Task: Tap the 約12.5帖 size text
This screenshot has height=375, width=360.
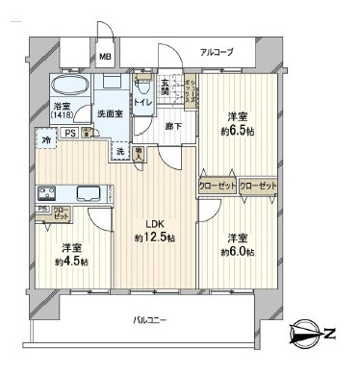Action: (x=155, y=237)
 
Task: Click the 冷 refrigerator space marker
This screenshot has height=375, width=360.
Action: (x=47, y=141)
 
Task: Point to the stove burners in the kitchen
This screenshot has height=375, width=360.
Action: (x=45, y=191)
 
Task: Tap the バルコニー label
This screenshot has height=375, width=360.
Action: (x=151, y=317)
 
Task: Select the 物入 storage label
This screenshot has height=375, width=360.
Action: (x=139, y=152)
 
